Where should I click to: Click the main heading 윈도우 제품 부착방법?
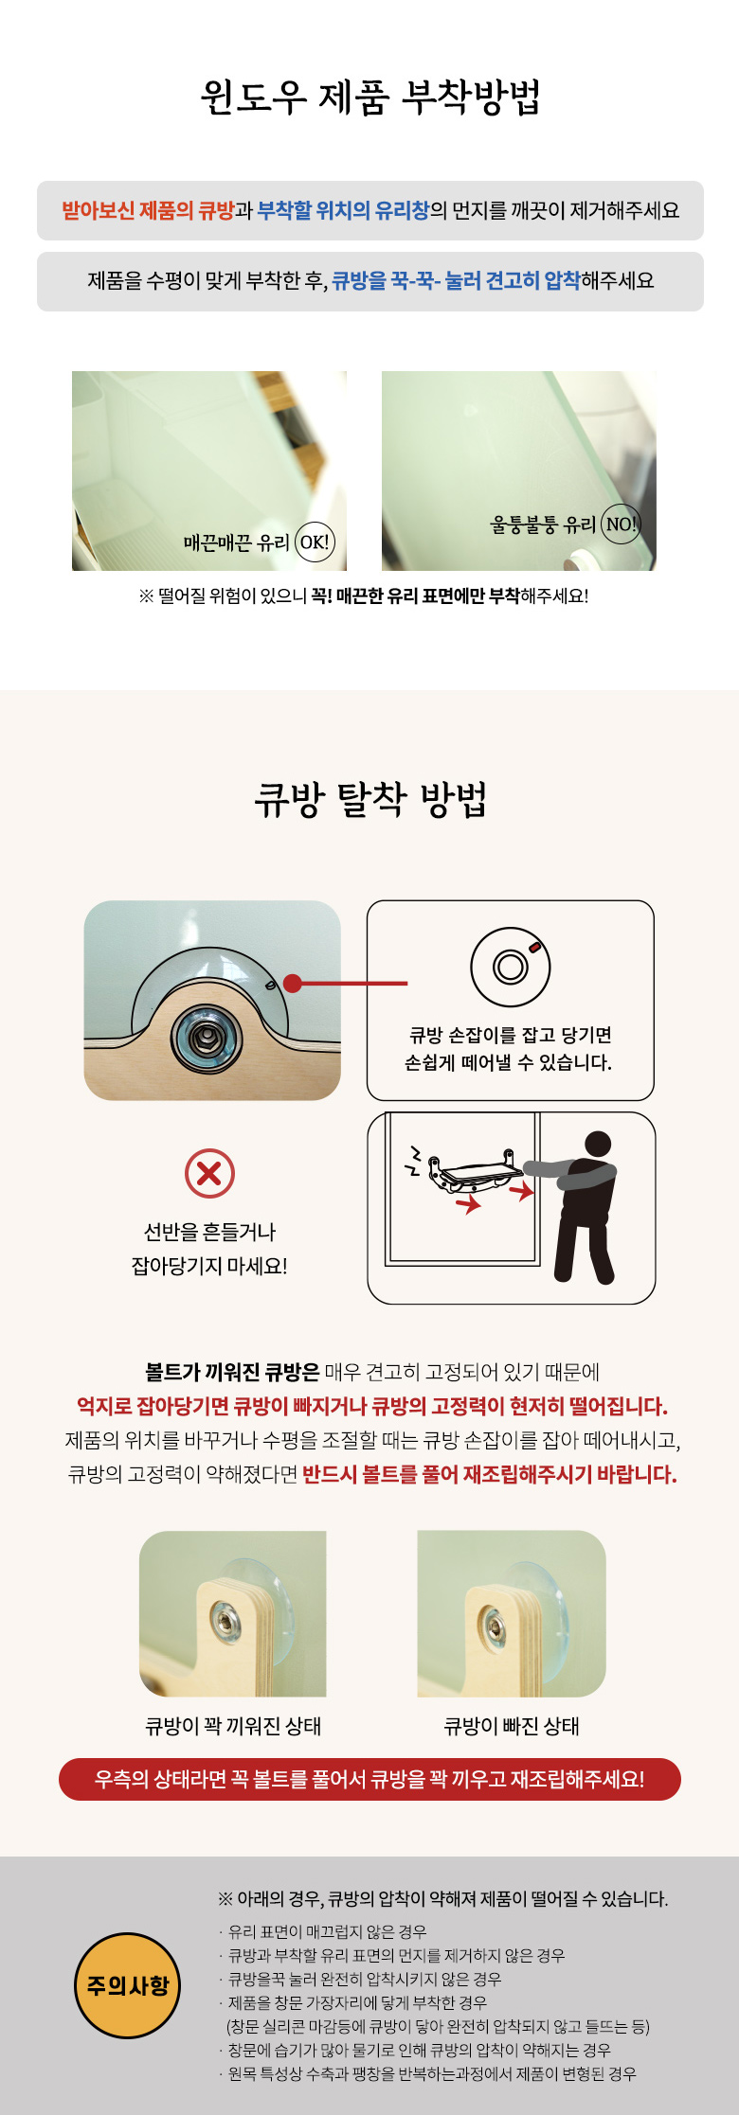pyautogui.click(x=369, y=97)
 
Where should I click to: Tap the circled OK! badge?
pyautogui.click(x=315, y=542)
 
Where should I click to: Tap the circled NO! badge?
pyautogui.click(x=621, y=524)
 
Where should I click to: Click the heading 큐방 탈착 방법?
pyautogui.click(x=369, y=800)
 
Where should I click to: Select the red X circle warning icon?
pyautogui.click(x=209, y=1174)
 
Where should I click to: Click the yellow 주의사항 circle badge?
pyautogui.click(x=128, y=1985)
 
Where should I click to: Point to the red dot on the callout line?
pyautogui.click(x=293, y=984)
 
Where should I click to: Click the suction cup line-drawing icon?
pyautogui.click(x=511, y=967)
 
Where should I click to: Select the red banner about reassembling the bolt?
pyautogui.click(x=369, y=1779)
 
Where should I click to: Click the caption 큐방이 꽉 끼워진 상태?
pyautogui.click(x=233, y=1726)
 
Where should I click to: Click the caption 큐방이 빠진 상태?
pyautogui.click(x=512, y=1726)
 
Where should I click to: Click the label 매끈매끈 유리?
pyautogui.click(x=237, y=542)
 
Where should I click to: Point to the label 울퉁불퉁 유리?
pyautogui.click(x=544, y=524)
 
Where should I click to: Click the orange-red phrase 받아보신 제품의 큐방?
pyautogui.click(x=148, y=210)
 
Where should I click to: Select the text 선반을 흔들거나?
pyautogui.click(x=209, y=1232)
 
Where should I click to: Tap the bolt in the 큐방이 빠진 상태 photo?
pyautogui.click(x=495, y=1625)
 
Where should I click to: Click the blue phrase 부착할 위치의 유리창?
pyautogui.click(x=344, y=210)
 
